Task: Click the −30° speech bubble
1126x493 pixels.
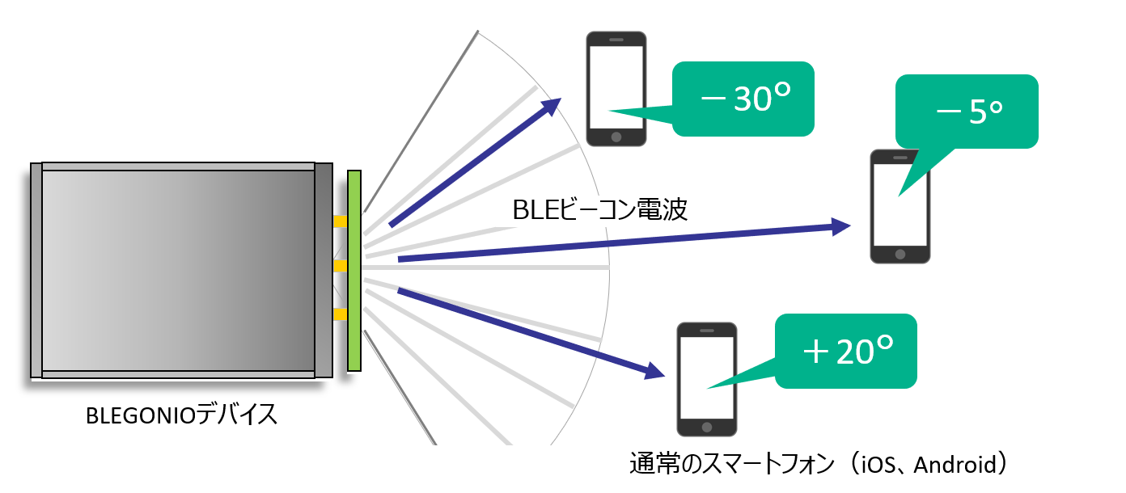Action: pyautogui.click(x=743, y=99)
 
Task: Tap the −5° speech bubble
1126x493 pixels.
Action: pyautogui.click(x=966, y=112)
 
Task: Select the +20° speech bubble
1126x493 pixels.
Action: pyautogui.click(x=846, y=351)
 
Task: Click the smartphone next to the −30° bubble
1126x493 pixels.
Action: pyautogui.click(x=616, y=89)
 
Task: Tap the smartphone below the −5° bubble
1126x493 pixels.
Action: pyautogui.click(x=900, y=206)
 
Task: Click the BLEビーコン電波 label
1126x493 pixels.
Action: pyautogui.click(x=600, y=211)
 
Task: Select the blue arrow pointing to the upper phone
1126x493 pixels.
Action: pyautogui.click(x=476, y=162)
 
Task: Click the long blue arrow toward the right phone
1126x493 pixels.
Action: pyautogui.click(x=623, y=242)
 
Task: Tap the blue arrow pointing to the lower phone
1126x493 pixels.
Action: pyautogui.click(x=530, y=332)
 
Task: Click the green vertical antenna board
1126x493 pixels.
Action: pyautogui.click(x=353, y=270)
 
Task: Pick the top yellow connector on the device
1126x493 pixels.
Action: pyautogui.click(x=341, y=221)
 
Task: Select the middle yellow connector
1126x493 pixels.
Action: pyautogui.click(x=341, y=266)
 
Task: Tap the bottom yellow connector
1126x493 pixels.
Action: pyautogui.click(x=341, y=314)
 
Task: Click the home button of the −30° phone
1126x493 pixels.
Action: pyautogui.click(x=616, y=137)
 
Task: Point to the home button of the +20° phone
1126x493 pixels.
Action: pyautogui.click(x=707, y=427)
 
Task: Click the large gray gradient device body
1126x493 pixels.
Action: pyautogui.click(x=178, y=270)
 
